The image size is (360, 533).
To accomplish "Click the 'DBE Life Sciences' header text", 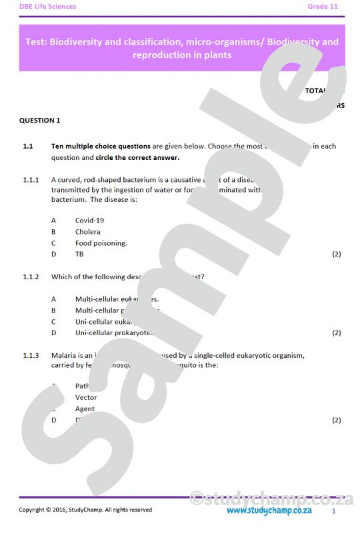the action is point(47,7).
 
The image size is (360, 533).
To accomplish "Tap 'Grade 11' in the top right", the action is point(323,7).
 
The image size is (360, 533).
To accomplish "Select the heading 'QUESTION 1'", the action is point(40,121).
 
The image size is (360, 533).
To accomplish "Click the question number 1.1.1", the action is point(31,180).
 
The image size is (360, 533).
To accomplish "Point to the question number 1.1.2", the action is point(31,276).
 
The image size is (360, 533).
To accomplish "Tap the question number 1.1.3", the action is point(31,356).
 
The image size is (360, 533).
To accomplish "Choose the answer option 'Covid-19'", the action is point(89,221).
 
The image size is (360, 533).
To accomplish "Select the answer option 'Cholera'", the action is point(88,232).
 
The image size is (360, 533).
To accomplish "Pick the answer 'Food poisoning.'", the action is point(101,243).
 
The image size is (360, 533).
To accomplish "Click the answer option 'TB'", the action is point(79,254).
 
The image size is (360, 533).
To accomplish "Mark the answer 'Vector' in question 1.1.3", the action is point(86,397).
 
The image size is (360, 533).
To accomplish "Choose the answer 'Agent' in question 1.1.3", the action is point(85,408).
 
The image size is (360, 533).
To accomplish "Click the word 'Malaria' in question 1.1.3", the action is point(64,356).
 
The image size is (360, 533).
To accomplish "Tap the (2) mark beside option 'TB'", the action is point(336,254).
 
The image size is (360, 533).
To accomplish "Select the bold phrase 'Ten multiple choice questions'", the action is point(101,146).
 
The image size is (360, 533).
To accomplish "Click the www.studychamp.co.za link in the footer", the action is point(269,510).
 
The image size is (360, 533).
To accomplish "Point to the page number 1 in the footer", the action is point(333,511).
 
